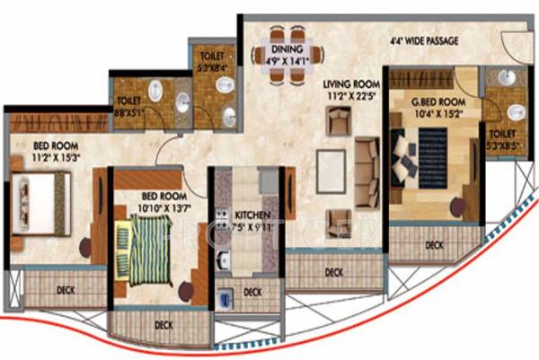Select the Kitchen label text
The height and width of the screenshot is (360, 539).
click(x=248, y=215)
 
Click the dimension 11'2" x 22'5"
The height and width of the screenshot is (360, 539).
click(x=347, y=94)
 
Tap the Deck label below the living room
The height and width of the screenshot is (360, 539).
click(x=333, y=271)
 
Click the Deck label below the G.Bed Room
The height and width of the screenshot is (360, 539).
click(x=435, y=244)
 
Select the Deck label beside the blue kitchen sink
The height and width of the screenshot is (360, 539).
click(x=252, y=292)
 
